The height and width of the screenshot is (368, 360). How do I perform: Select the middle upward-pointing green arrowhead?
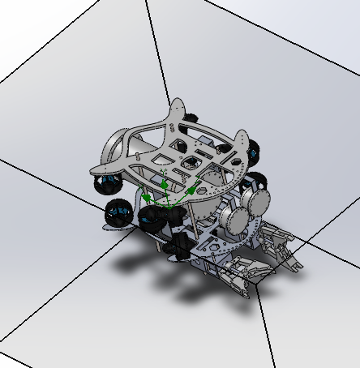pos(165,186)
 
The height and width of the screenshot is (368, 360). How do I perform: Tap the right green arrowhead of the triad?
pos(191,190)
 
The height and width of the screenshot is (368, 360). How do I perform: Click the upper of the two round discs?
pos(258,200)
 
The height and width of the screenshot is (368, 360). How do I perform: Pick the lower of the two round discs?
pos(236,218)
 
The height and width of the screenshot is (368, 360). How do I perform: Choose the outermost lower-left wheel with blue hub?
pos(118,215)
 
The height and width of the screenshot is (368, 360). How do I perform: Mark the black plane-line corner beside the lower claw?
pos(258,287)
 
